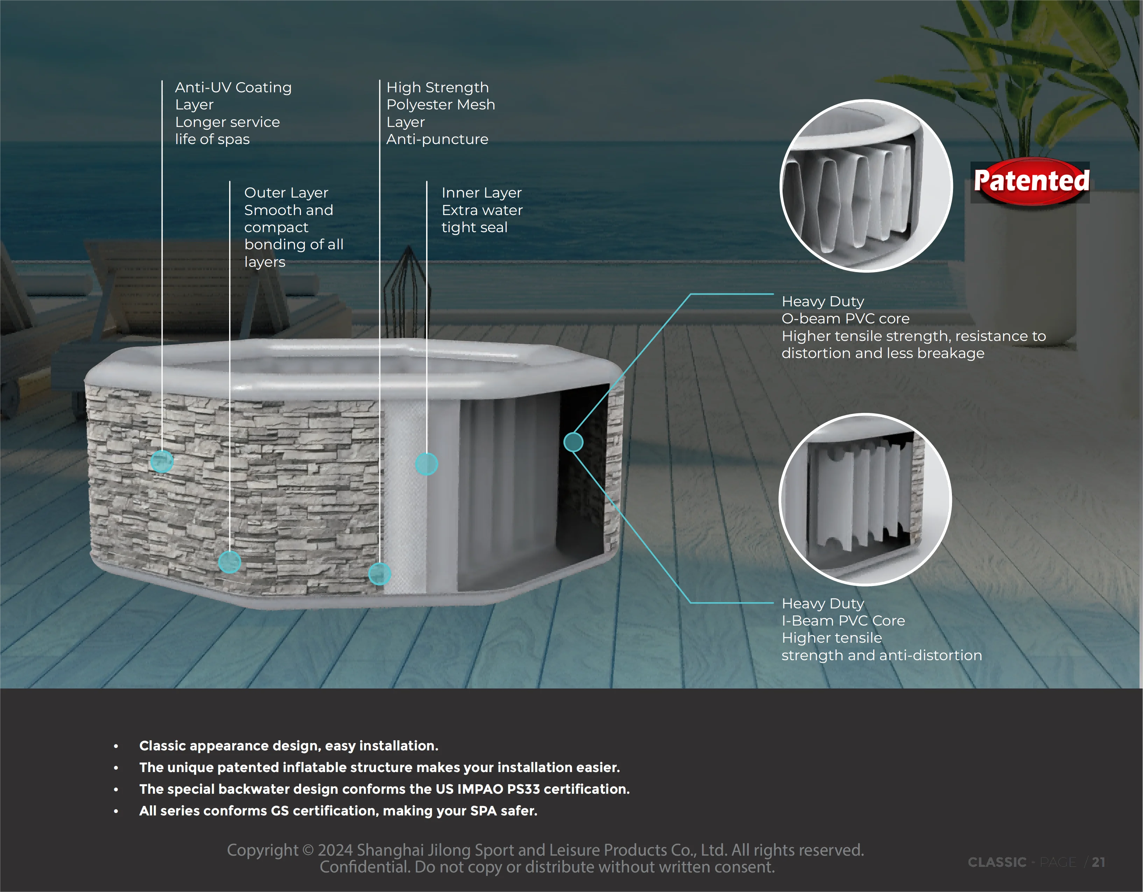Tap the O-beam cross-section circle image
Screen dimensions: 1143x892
click(866, 186)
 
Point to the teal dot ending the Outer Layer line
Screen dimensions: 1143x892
click(229, 562)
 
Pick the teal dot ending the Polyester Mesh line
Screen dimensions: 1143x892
click(380, 573)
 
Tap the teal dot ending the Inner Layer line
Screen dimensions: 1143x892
click(426, 464)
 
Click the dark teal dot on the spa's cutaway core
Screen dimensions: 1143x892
click(573, 442)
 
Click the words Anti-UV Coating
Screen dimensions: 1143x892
click(233, 87)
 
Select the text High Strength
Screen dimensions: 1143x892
click(438, 87)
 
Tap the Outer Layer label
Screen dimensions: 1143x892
click(286, 193)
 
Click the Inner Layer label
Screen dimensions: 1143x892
click(481, 193)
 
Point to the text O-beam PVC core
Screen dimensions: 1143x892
click(845, 319)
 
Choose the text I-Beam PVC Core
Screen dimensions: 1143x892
click(843, 620)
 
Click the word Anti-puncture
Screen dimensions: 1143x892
click(437, 139)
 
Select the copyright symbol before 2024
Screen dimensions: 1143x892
click(308, 850)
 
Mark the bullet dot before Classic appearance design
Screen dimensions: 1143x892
click(116, 746)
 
